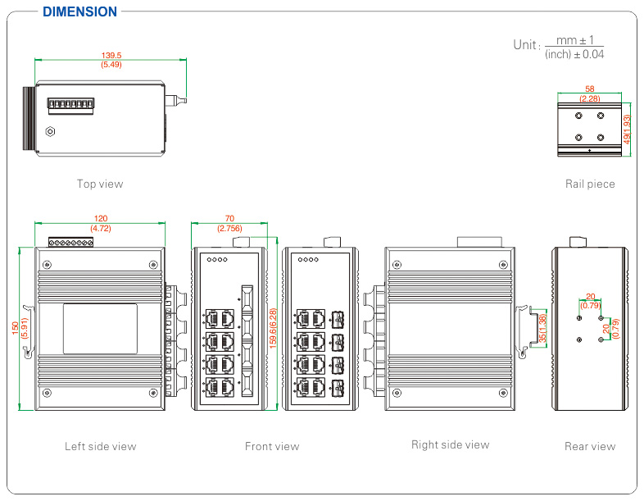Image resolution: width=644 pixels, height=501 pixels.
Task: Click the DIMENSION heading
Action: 79,11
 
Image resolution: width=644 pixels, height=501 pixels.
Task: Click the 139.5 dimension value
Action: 111,55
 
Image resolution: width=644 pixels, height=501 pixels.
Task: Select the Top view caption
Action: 100,184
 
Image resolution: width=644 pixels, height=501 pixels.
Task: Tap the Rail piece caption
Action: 590,184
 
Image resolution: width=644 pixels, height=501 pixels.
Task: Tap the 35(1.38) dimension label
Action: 542,328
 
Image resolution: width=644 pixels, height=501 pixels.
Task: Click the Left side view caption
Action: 101,447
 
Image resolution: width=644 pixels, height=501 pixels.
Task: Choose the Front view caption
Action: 272,447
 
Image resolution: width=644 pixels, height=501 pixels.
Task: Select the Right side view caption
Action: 450,445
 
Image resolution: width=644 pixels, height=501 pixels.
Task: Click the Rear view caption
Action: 590,447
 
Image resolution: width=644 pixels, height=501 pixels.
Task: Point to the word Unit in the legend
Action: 525,45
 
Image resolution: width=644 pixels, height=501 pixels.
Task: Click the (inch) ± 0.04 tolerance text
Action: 574,54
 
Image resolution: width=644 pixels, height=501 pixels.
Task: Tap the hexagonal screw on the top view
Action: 50,131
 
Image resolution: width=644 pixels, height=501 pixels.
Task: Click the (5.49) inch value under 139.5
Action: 111,64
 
